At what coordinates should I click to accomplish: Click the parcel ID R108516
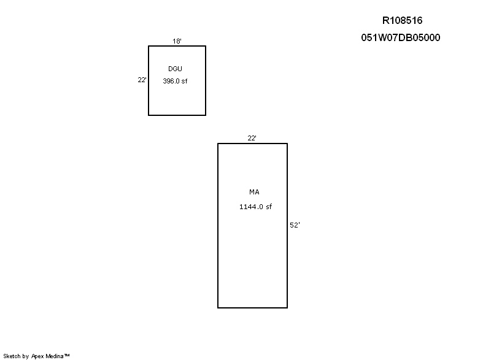click(402, 21)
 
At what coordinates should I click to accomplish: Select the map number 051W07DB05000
click(401, 37)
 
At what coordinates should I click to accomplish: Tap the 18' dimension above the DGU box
click(177, 41)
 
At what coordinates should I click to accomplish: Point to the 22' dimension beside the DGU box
click(142, 80)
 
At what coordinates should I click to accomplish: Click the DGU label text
click(175, 69)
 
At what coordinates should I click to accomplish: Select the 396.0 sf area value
click(175, 81)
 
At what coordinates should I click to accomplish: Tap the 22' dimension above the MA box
click(252, 138)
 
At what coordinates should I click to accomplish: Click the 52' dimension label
click(295, 225)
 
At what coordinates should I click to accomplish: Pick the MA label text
click(254, 192)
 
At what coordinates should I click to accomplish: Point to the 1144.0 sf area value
click(255, 207)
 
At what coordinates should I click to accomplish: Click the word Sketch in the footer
click(12, 356)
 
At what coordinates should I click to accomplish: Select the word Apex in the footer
click(37, 356)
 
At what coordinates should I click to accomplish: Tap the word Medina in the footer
click(55, 356)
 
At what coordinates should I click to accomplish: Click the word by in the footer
click(26, 356)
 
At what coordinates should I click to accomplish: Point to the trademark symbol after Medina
click(67, 355)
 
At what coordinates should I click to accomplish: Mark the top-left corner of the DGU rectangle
click(149, 46)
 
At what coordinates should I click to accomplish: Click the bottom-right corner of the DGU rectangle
click(206, 115)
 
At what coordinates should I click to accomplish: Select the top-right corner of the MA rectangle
click(287, 144)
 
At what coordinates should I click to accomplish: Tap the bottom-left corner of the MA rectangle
click(218, 308)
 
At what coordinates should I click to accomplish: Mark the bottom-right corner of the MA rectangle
click(287, 308)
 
